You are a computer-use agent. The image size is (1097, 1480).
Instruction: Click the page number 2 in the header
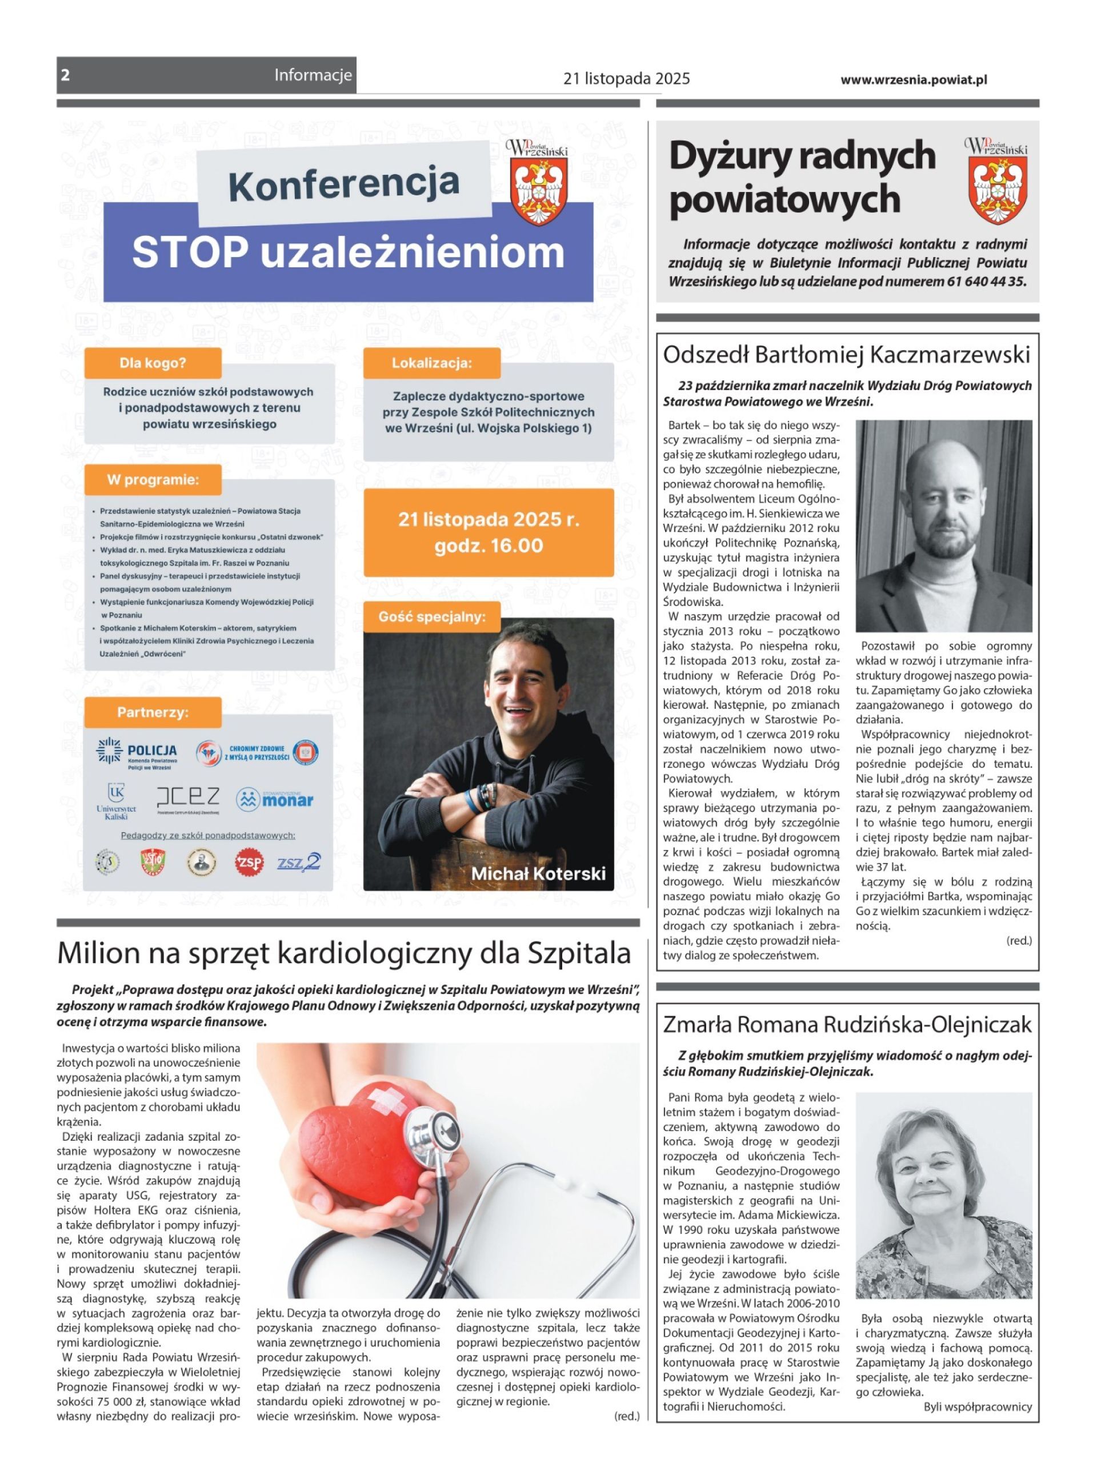65,75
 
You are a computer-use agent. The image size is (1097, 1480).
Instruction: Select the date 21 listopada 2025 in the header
626,79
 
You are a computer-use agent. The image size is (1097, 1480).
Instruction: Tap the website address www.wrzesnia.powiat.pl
913,79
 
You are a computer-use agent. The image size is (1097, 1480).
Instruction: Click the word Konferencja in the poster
344,185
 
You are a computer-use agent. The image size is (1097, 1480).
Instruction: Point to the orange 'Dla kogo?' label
153,363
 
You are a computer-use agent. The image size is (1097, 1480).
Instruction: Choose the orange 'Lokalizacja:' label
431,363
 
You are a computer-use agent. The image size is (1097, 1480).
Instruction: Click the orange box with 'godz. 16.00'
488,532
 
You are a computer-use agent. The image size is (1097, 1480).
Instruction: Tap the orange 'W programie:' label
153,479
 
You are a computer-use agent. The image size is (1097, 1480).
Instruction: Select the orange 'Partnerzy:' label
153,712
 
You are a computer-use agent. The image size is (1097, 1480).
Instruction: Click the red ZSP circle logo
250,862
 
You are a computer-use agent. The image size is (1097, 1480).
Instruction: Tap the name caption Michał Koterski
538,873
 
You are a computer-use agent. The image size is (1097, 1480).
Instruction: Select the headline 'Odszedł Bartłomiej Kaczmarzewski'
847,355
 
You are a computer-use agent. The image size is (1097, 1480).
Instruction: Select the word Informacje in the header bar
313,75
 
